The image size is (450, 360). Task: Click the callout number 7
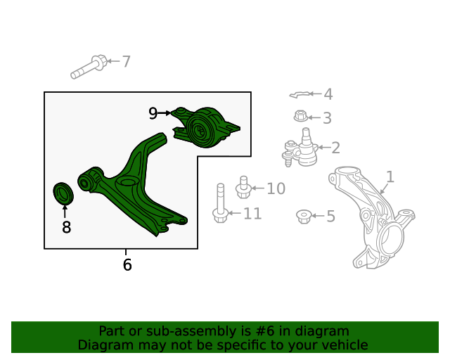pyautogui.click(x=127, y=61)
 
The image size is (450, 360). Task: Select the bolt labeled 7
pyautogui.click(x=89, y=67)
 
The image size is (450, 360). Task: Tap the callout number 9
pyautogui.click(x=153, y=113)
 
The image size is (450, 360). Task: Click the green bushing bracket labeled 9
pyautogui.click(x=206, y=127)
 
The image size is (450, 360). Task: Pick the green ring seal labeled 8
pyautogui.click(x=63, y=193)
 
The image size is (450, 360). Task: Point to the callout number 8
pyautogui.click(x=66, y=227)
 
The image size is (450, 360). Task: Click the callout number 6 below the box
pyautogui.click(x=127, y=264)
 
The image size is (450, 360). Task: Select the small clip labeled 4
pyautogui.click(x=300, y=94)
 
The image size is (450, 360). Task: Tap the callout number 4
pyautogui.click(x=328, y=94)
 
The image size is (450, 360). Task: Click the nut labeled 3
pyautogui.click(x=300, y=116)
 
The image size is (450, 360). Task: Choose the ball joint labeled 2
pyautogui.click(x=300, y=147)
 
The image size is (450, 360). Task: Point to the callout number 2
pyautogui.click(x=335, y=148)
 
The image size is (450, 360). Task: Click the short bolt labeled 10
pyautogui.click(x=244, y=187)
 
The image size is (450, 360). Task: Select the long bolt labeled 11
pyautogui.click(x=220, y=203)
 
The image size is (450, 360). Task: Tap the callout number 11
pyautogui.click(x=252, y=214)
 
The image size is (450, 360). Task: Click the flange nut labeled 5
pyautogui.click(x=304, y=217)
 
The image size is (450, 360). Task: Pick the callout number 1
pyautogui.click(x=390, y=177)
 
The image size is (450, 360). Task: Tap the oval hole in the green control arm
pyautogui.click(x=127, y=181)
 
